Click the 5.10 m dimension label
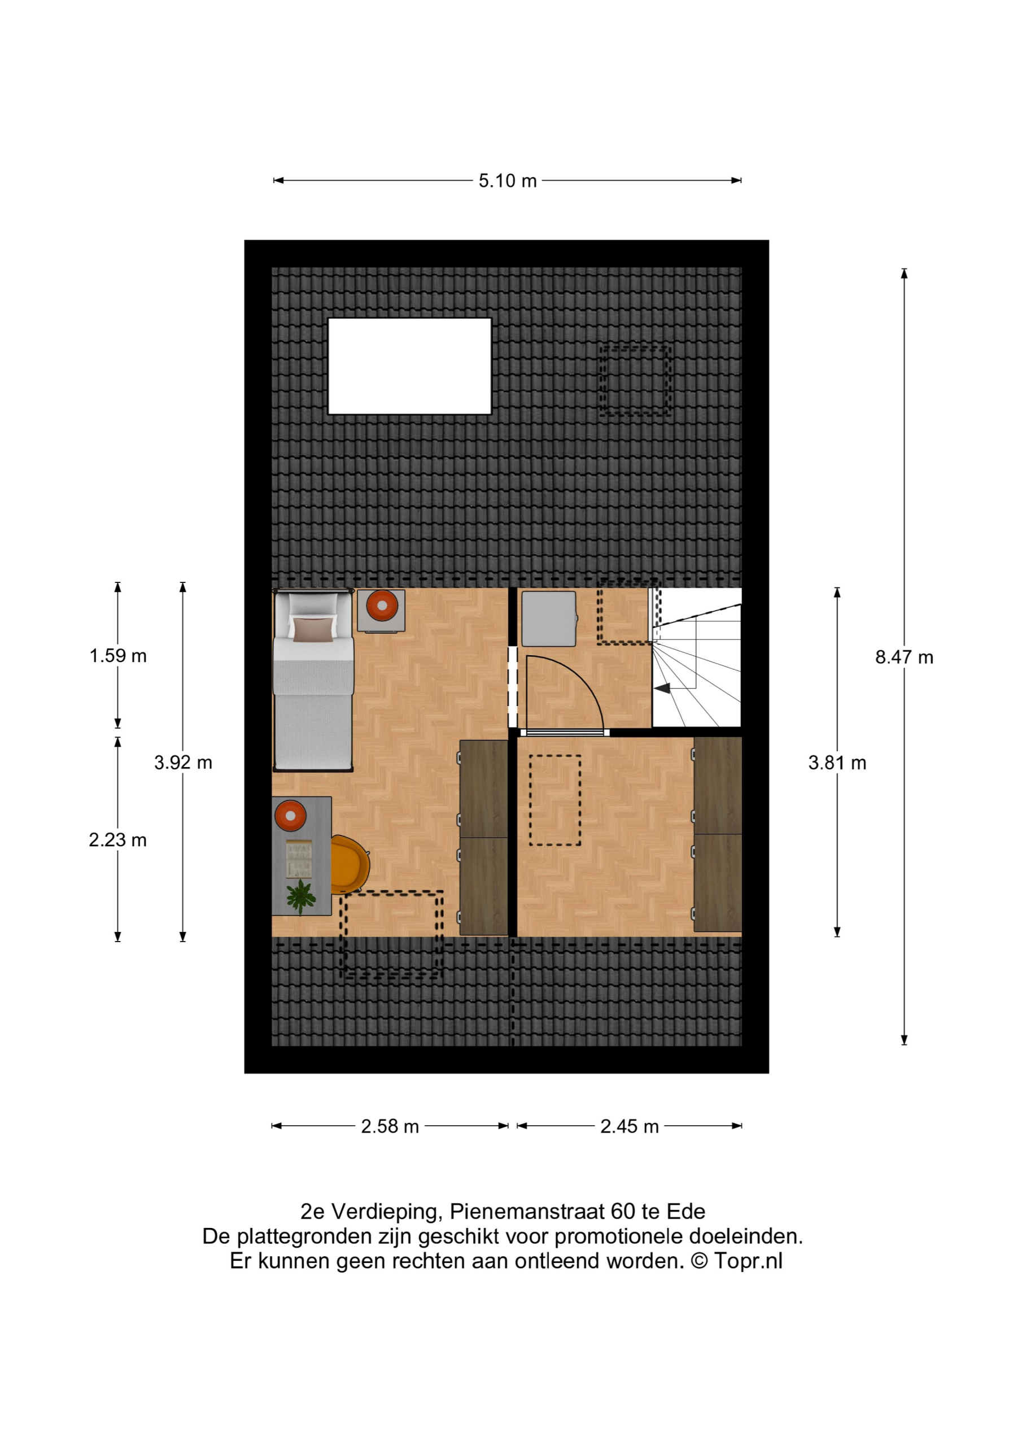point(507,181)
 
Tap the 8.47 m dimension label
point(903,657)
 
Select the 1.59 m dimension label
point(118,656)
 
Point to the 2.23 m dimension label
point(118,839)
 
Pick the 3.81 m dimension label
point(837,763)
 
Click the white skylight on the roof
point(409,366)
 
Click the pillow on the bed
point(312,629)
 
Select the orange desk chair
point(350,864)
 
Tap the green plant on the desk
point(301,896)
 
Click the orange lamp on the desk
point(290,816)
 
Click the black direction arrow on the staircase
point(662,689)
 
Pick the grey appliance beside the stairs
point(548,619)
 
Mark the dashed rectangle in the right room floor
point(555,800)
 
